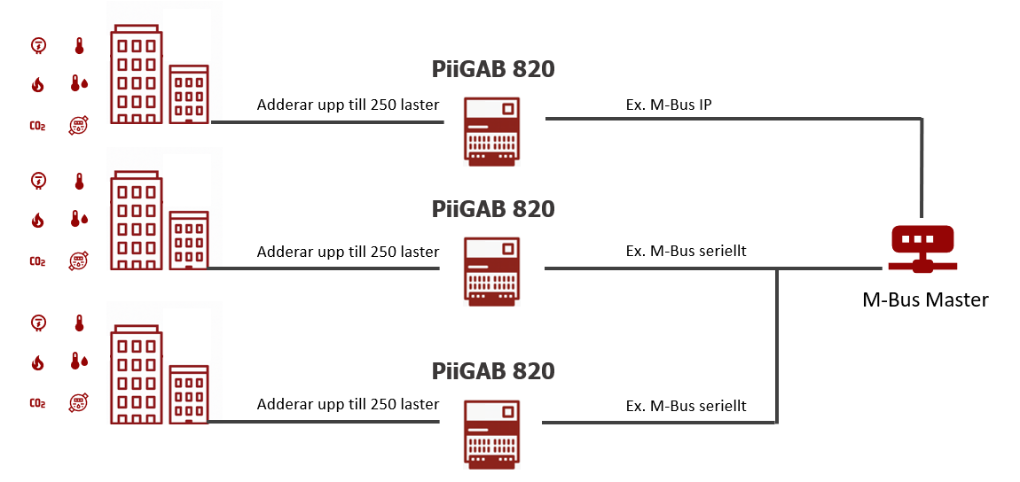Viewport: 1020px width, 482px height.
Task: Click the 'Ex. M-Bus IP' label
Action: (669, 105)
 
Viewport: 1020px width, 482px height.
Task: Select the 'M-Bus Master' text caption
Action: (925, 299)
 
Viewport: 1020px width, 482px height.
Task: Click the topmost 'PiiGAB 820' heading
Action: (493, 68)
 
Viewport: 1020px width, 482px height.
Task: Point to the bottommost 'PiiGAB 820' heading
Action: (493, 370)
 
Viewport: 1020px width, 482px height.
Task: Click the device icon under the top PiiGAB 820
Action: (493, 129)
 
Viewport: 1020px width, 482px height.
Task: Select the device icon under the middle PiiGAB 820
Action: (493, 271)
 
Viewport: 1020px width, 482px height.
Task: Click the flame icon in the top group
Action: (37, 84)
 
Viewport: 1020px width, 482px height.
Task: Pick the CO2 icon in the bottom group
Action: (37, 403)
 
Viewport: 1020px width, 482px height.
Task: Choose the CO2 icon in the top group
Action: (37, 126)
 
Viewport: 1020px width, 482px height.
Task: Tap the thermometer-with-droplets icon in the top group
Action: (79, 84)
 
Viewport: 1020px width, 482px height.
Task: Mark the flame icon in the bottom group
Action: (37, 361)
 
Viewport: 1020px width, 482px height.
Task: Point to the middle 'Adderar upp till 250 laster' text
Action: (348, 252)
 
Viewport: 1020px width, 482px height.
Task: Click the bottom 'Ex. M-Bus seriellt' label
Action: (686, 406)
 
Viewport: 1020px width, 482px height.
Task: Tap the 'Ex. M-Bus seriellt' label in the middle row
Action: (686, 251)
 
